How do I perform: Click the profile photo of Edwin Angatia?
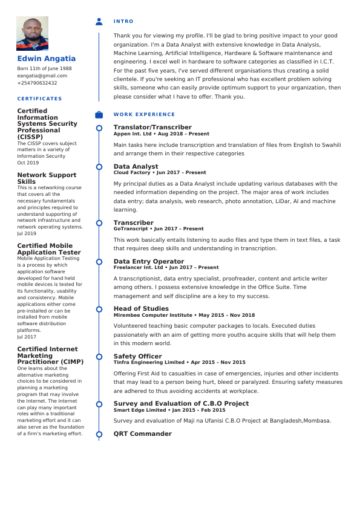(32, 33)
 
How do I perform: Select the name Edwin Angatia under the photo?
(47, 59)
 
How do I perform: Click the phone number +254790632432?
(37, 83)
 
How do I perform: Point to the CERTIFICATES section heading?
(39, 99)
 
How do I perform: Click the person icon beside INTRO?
(99, 22)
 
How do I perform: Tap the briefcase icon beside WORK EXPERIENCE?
(99, 114)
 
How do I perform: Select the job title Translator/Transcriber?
(152, 127)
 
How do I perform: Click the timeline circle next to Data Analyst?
(99, 166)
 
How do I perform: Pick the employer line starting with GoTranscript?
(159, 229)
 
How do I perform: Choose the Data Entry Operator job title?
(149, 261)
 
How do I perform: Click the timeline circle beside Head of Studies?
(99, 309)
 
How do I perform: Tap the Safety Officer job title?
(137, 356)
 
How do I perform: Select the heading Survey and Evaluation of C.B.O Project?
(181, 403)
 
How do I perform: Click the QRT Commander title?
(142, 433)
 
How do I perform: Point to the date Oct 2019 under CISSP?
(28, 163)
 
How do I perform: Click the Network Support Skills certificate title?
(47, 178)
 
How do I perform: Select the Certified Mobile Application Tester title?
(48, 249)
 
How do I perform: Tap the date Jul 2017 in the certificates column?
(27, 337)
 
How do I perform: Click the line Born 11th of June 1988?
(44, 68)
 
